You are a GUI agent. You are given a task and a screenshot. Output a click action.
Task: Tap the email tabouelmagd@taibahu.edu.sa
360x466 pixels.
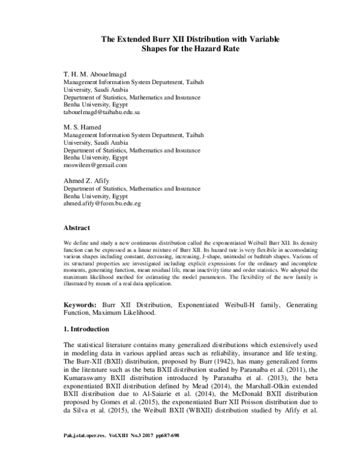coord(102,112)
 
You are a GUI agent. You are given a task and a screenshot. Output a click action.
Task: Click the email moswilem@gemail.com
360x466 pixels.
coord(95,165)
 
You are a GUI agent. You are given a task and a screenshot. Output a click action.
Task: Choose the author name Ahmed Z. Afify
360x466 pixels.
coord(87,180)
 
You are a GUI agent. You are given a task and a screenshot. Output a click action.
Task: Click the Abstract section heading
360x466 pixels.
coord(77,228)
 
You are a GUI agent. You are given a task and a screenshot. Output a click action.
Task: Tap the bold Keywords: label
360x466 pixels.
coord(82,306)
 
